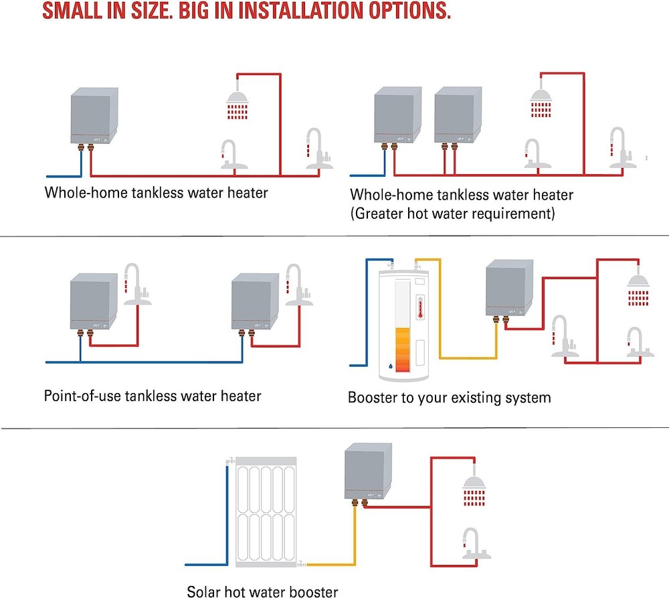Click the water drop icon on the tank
click(390, 367)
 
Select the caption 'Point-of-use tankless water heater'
click(152, 395)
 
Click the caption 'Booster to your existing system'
click(449, 397)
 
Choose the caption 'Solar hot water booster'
click(262, 591)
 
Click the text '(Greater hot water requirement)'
click(452, 214)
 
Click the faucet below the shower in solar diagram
click(473, 542)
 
